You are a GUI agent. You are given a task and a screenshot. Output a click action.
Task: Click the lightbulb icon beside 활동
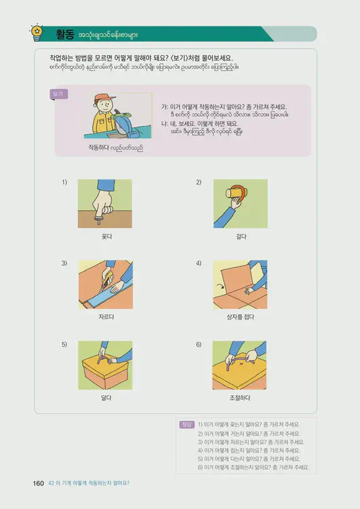click(x=37, y=31)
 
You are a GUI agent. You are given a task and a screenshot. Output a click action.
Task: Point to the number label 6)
click(x=198, y=345)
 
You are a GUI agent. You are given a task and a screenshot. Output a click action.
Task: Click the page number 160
click(x=38, y=483)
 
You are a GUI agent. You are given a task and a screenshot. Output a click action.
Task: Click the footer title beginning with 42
click(x=89, y=483)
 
